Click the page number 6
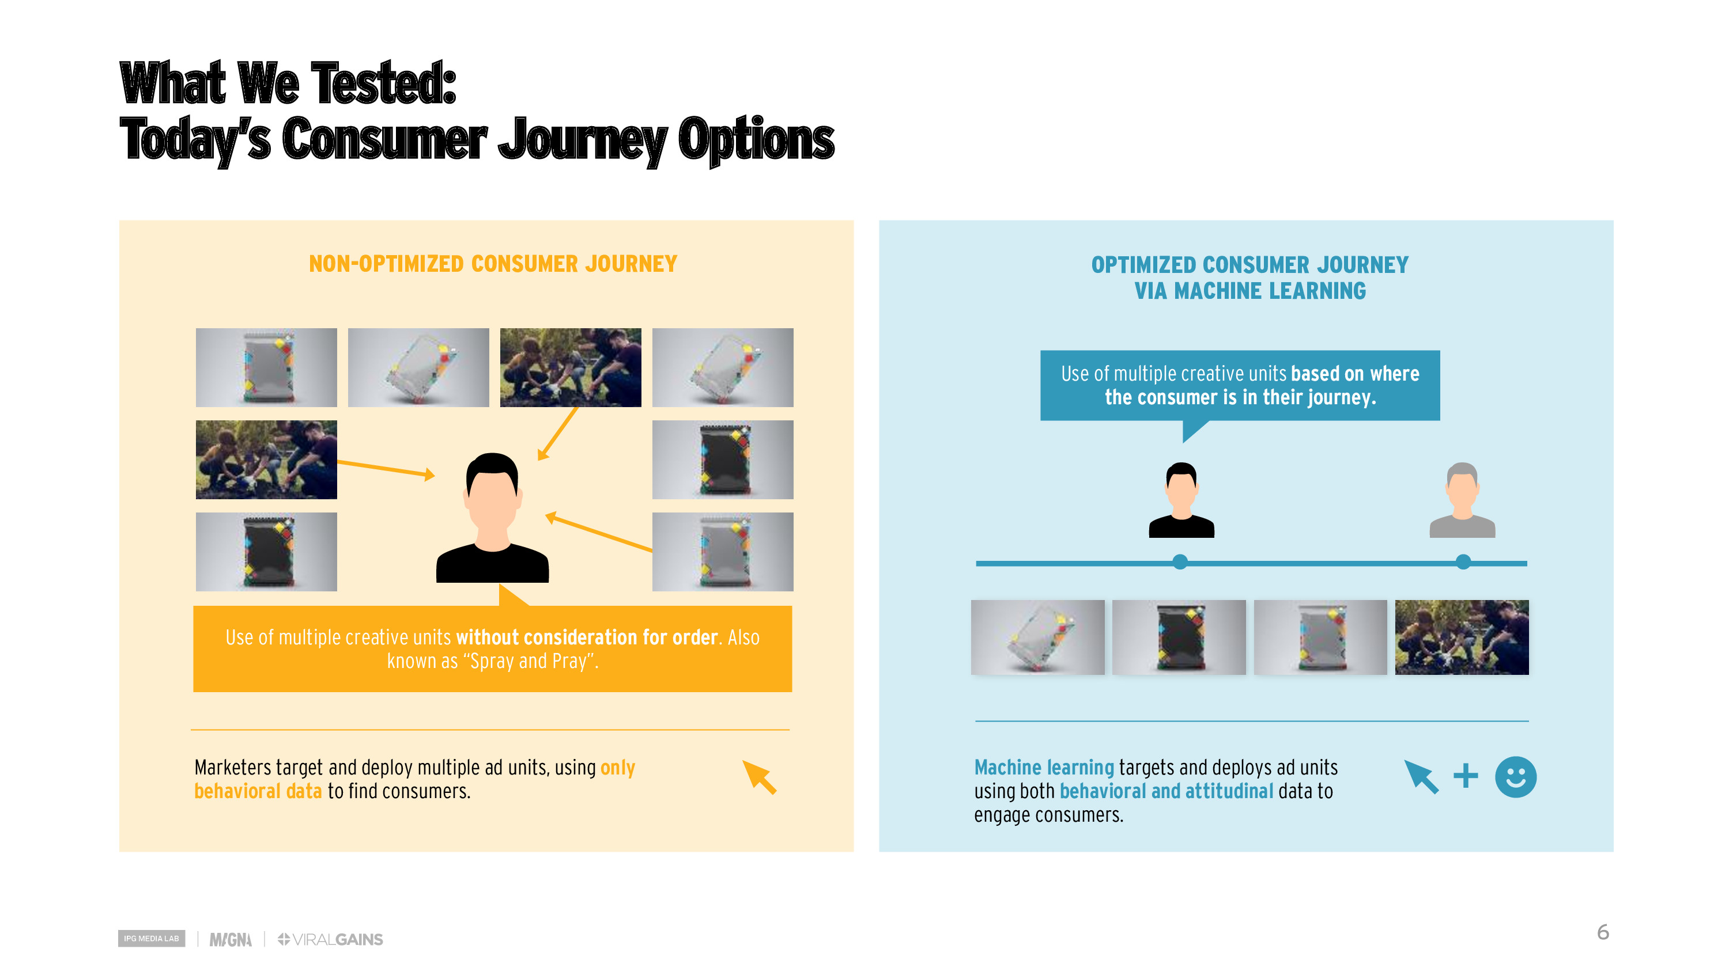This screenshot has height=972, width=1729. [x=1602, y=932]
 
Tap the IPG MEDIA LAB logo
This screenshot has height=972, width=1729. [x=151, y=939]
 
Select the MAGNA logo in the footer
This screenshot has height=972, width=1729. [x=230, y=939]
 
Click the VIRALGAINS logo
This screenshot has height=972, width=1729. [x=330, y=939]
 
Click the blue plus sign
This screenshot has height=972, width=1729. [x=1465, y=776]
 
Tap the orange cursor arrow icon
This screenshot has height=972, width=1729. [x=759, y=777]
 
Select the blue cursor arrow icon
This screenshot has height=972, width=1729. [x=1422, y=777]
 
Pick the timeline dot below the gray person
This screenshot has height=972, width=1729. [x=1463, y=562]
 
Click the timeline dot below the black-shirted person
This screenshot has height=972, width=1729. [x=1180, y=562]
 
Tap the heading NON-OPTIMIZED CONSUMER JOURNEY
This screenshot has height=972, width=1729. [x=493, y=264]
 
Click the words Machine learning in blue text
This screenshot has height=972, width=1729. [x=1044, y=767]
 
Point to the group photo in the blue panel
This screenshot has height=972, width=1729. [x=1461, y=637]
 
